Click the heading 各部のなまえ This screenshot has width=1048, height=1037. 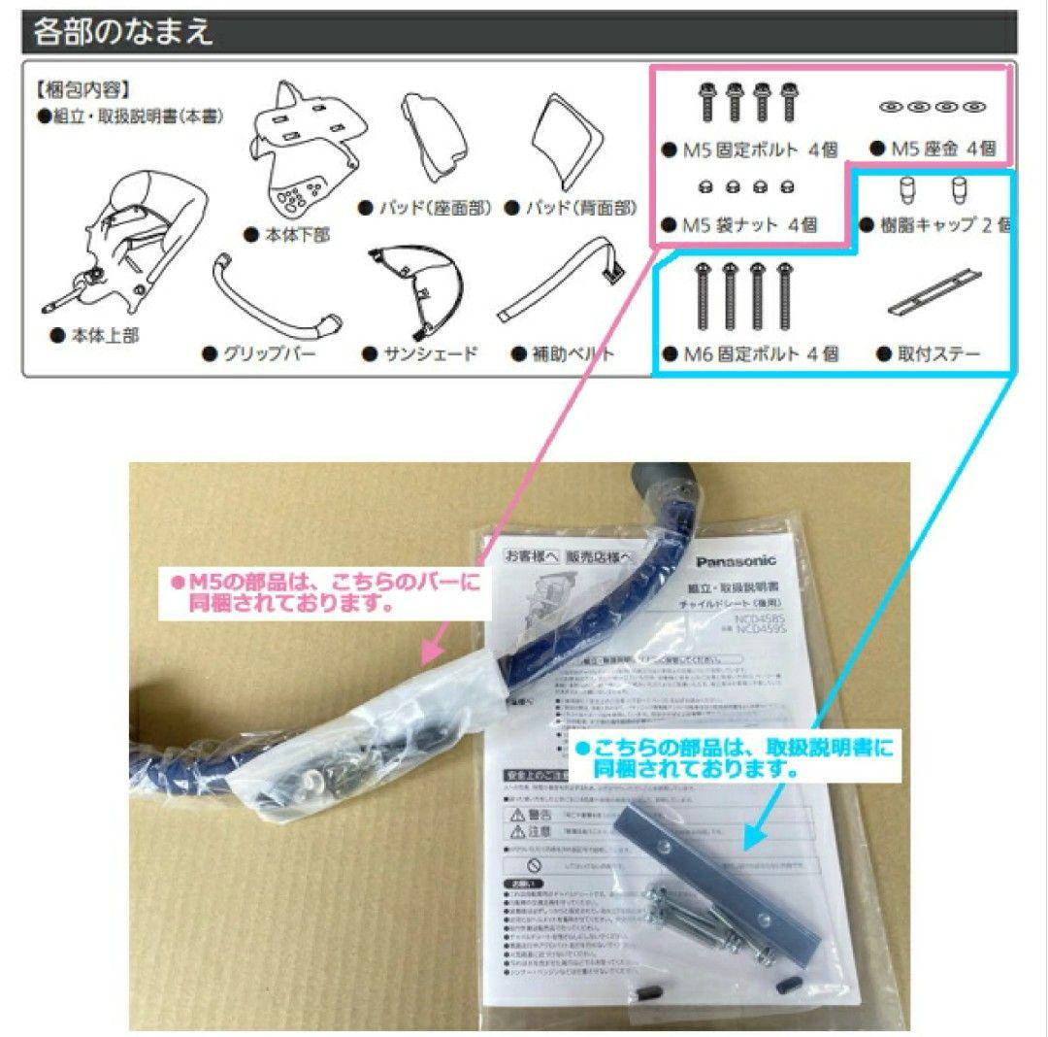[x=123, y=33]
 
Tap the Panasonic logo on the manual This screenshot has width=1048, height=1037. [x=736, y=562]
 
